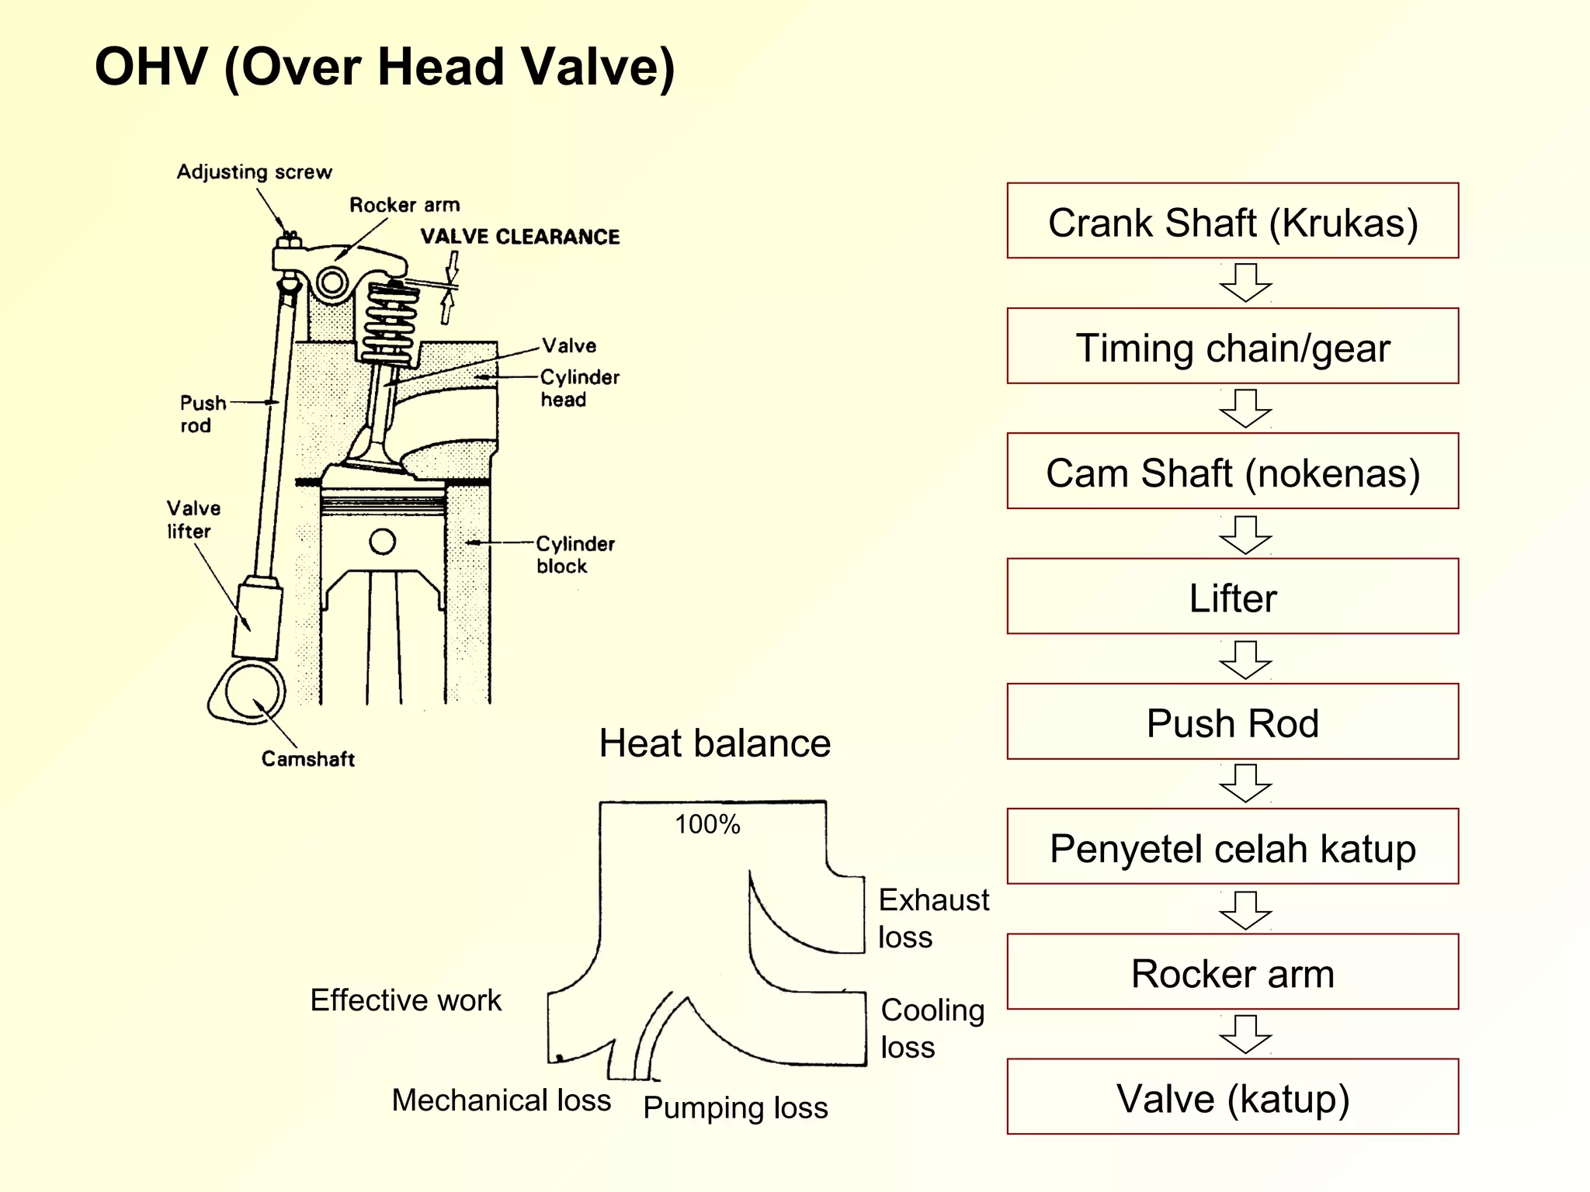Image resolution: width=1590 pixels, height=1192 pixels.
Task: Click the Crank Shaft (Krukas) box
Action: tap(1232, 221)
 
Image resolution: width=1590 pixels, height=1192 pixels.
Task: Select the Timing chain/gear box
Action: tap(1232, 346)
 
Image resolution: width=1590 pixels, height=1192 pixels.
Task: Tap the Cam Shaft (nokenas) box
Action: tap(1232, 471)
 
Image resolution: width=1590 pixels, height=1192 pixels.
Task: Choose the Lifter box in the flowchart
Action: tap(1232, 596)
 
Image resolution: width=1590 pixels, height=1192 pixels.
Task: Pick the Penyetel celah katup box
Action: tap(1232, 847)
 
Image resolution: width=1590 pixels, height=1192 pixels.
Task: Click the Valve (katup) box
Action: tap(1232, 1097)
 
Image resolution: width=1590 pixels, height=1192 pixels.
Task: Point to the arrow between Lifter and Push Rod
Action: tap(1245, 660)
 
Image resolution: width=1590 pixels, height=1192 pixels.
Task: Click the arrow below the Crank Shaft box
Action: tap(1245, 282)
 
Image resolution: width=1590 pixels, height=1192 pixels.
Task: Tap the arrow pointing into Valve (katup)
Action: tap(1245, 1034)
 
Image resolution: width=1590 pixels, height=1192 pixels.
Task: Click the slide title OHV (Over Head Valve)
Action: tap(384, 67)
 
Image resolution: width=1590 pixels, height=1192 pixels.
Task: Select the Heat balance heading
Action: tap(714, 743)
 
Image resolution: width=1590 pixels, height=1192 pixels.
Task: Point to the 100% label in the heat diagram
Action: tap(707, 824)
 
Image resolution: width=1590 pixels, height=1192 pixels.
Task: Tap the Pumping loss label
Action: tap(735, 1107)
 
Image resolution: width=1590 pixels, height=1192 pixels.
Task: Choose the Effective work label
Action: tap(405, 1000)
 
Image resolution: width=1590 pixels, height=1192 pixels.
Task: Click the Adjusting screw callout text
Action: tap(254, 172)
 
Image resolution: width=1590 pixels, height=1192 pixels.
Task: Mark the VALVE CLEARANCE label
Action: tap(520, 237)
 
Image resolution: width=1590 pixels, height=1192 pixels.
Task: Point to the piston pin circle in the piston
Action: tap(382, 541)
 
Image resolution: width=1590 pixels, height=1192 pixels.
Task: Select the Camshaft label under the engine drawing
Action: tap(307, 758)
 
